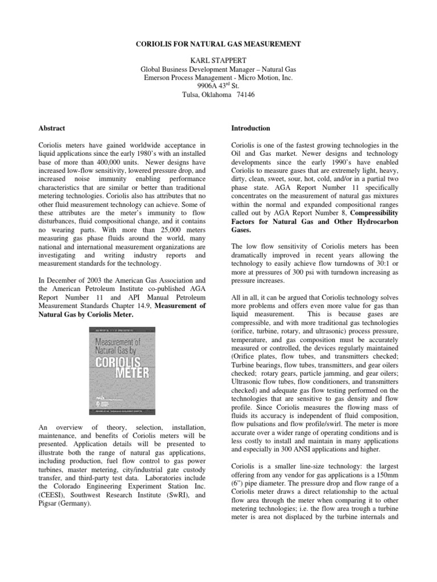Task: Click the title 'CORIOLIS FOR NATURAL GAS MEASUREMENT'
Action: pos(218,43)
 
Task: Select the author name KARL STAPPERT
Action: pos(218,60)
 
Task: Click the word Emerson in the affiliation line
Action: pos(160,77)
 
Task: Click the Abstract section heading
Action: pos(67,128)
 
